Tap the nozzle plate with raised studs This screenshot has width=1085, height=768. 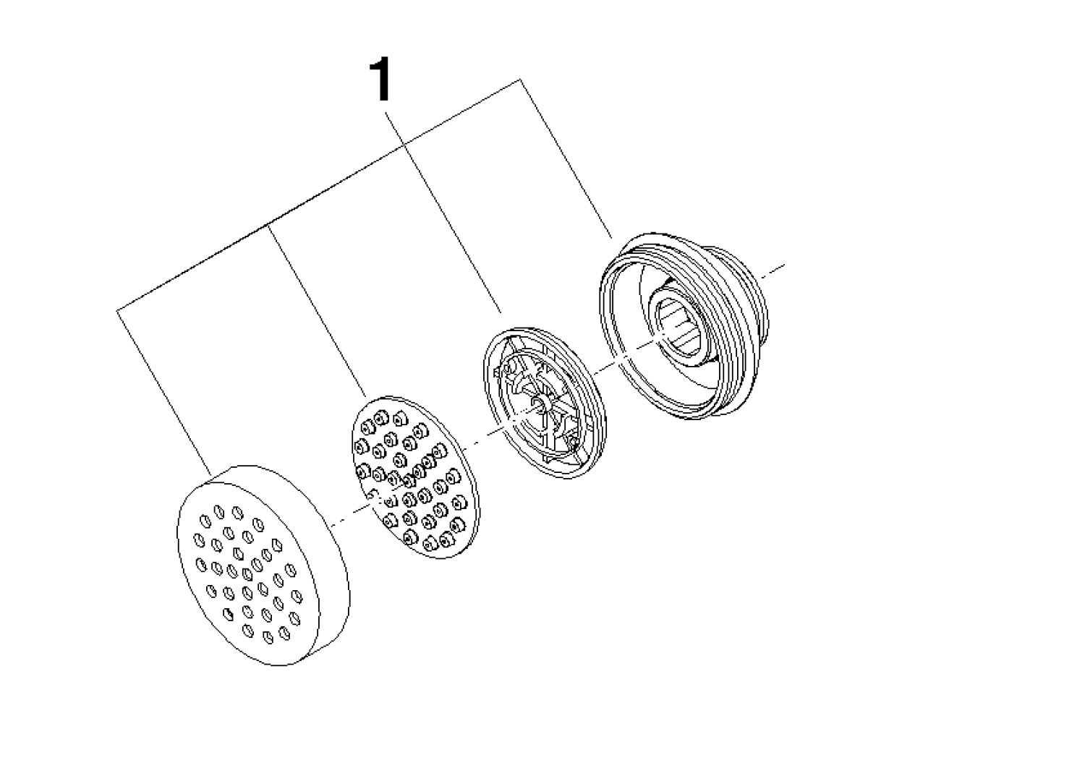415,477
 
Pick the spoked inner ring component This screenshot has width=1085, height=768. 545,401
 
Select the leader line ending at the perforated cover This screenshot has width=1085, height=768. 163,392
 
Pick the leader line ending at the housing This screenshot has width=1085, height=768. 566,159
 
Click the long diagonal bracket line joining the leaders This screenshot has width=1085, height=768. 318,195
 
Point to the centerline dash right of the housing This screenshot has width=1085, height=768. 773,271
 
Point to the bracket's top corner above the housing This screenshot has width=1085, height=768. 520,79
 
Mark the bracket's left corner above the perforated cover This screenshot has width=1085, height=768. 116,310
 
